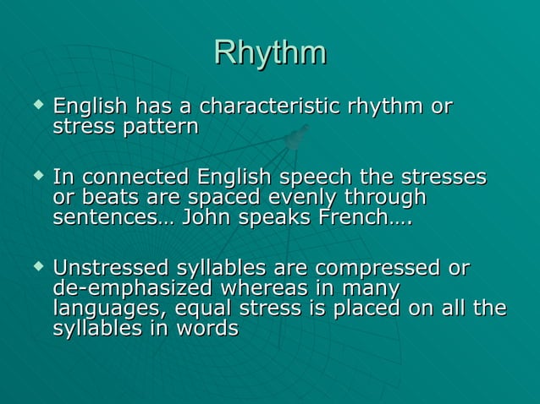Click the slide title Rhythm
point(270,52)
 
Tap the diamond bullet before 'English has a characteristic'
point(36,106)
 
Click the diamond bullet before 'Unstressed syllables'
point(36,268)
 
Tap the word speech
point(317,179)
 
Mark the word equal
point(207,309)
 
